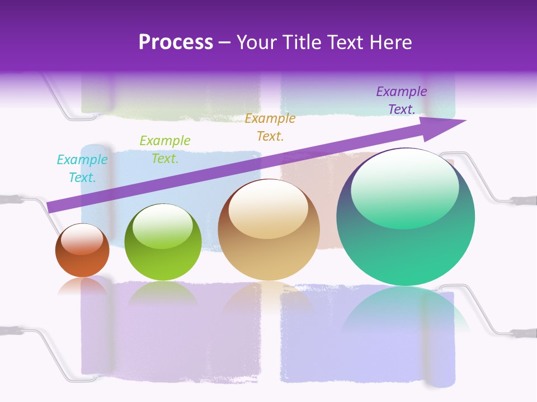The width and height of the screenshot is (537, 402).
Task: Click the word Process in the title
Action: point(176,42)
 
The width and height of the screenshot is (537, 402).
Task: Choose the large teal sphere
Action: point(406,246)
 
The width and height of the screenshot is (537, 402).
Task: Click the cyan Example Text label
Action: point(82,169)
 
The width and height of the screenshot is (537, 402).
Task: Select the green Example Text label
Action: point(165,149)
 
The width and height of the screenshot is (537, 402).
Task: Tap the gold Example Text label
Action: point(270,127)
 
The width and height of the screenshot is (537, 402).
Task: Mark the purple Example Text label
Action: point(402,100)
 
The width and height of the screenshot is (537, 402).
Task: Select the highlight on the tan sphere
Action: point(268,209)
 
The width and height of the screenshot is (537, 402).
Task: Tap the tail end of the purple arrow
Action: point(51,207)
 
